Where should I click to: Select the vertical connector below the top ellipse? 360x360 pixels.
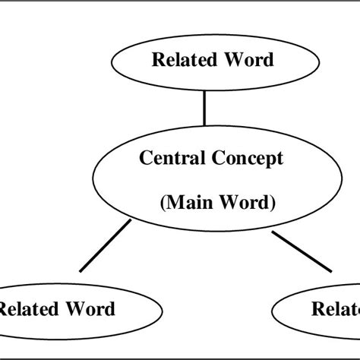click(204, 109)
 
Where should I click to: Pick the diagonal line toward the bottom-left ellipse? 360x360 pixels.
click(104, 246)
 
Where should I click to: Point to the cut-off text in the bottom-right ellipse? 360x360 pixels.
click(335, 308)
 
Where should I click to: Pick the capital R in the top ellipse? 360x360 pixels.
click(158, 60)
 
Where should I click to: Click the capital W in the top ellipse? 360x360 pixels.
click(231, 60)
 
